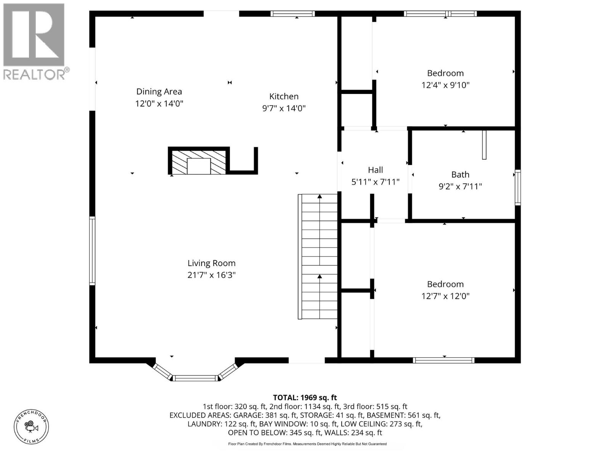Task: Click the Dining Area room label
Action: tap(159, 92)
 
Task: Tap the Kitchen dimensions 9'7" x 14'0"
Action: tap(284, 108)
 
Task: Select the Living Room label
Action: tap(212, 263)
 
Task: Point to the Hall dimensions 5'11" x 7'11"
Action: tap(376, 182)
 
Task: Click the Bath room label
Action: tap(460, 175)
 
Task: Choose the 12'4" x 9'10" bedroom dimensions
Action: tap(445, 85)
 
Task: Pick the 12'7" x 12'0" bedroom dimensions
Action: tap(445, 296)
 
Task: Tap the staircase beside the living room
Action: tap(318, 256)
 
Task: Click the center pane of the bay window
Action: tap(196, 378)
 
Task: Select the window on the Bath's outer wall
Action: tap(518, 187)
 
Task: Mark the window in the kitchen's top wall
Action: tap(293, 14)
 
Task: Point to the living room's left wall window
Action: tap(92, 251)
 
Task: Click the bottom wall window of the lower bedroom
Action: tap(443, 360)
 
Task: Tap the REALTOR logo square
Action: tap(34, 35)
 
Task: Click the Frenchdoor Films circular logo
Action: tap(31, 427)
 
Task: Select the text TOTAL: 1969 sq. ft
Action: tap(305, 398)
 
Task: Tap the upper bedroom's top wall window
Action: tap(440, 14)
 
